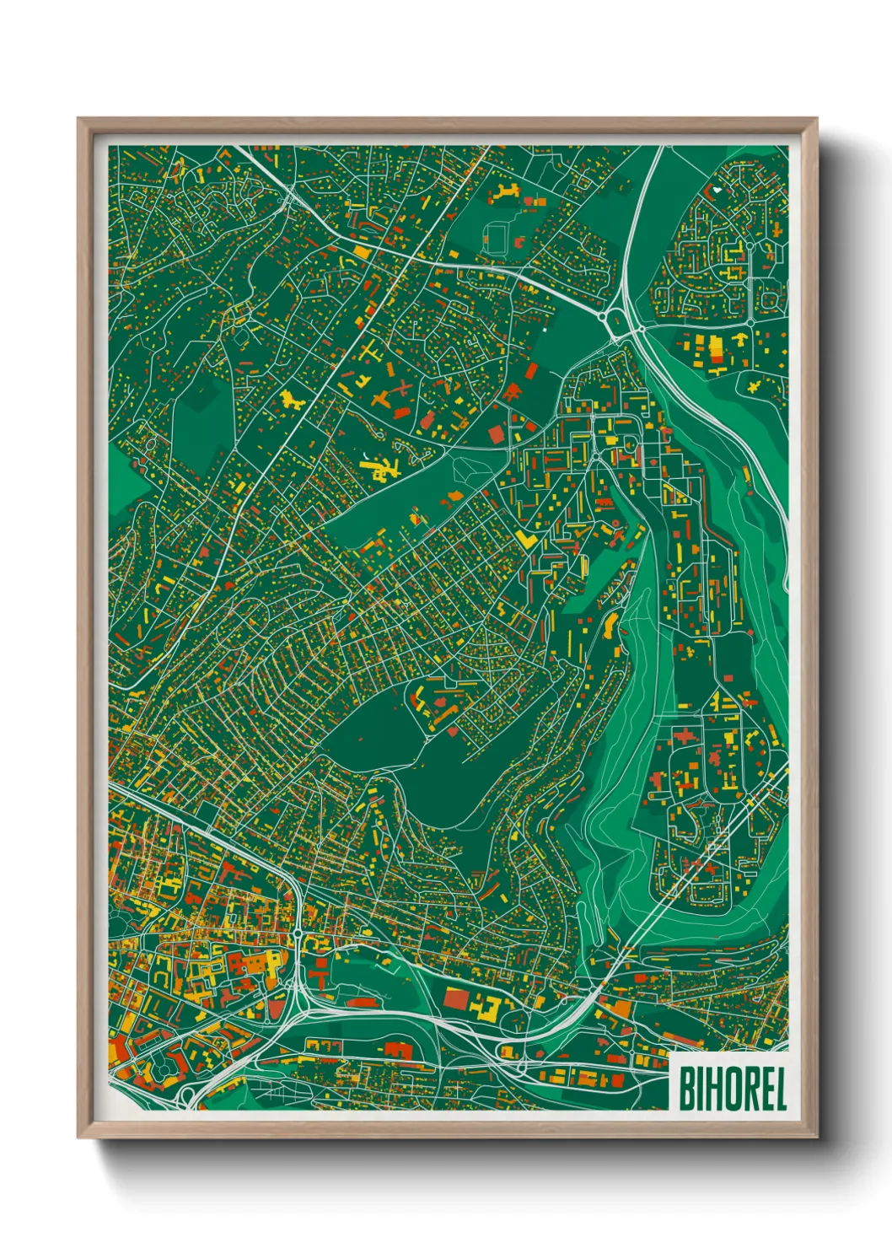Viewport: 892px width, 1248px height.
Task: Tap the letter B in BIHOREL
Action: coord(685,1089)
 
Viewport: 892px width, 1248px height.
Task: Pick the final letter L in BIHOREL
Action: coord(780,1089)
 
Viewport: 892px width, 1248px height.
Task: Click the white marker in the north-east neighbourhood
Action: coord(717,191)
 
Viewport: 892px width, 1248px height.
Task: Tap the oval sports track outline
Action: coord(495,235)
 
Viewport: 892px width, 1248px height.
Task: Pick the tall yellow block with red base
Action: coord(717,348)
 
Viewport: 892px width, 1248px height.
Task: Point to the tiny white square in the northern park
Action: coord(545,330)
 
